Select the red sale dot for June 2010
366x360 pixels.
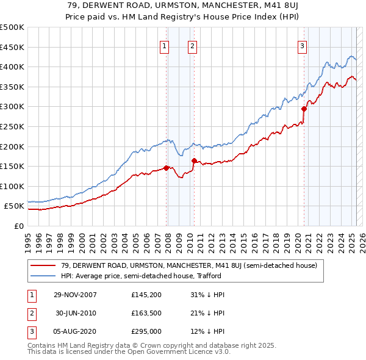tap(194, 161)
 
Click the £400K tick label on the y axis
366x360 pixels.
tap(12, 67)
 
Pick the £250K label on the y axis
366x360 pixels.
tap(12, 126)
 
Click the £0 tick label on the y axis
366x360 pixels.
tap(19, 226)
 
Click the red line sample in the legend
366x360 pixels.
tap(43, 265)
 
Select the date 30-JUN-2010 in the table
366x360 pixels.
tap(76, 313)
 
